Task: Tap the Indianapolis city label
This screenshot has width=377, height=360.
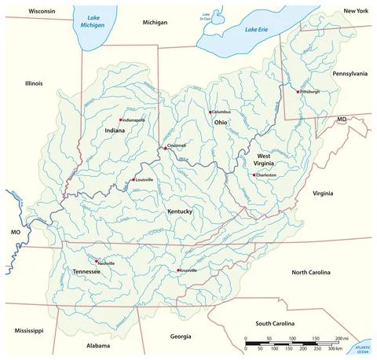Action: click(x=132, y=119)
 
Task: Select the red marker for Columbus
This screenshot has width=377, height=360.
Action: click(x=210, y=112)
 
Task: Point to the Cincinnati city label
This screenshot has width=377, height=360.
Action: click(x=177, y=146)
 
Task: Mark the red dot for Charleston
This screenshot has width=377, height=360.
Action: click(x=253, y=174)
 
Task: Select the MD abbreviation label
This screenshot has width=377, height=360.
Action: click(x=342, y=119)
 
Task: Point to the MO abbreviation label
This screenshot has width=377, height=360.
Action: click(x=13, y=233)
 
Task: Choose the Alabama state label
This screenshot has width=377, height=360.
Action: click(x=97, y=345)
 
